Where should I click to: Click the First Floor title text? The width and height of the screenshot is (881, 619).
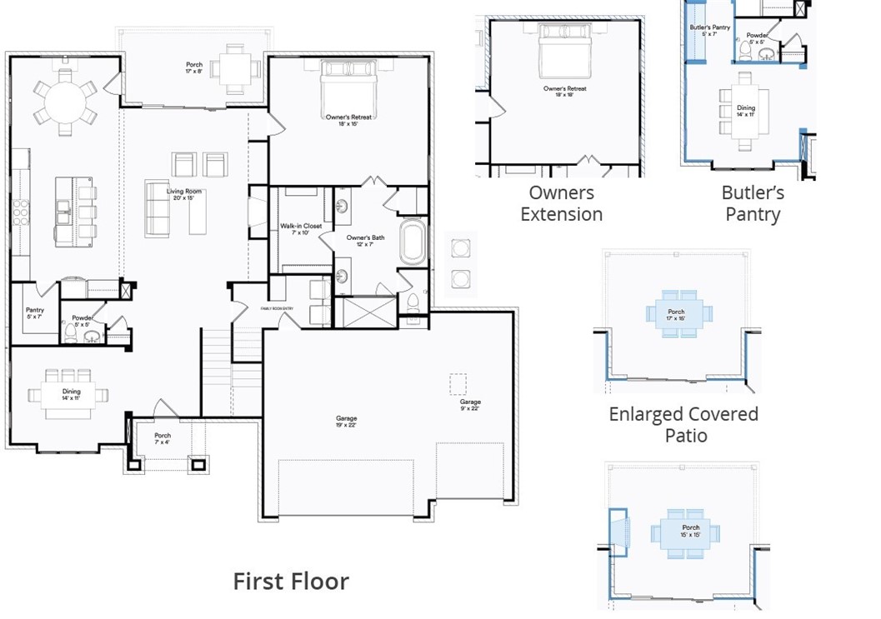point(290,581)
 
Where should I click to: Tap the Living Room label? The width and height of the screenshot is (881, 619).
point(185,195)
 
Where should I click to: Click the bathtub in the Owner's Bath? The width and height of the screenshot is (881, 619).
point(413,242)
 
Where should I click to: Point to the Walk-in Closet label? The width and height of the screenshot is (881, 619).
point(301,229)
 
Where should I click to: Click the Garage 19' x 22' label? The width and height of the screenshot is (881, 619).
point(347,422)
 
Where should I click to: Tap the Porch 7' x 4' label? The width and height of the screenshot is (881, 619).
point(163,439)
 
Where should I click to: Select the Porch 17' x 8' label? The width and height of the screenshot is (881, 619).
point(193,68)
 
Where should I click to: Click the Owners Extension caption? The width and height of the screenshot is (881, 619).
point(562,203)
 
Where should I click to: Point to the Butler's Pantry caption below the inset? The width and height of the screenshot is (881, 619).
point(753,203)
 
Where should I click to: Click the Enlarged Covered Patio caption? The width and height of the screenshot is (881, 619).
point(683,424)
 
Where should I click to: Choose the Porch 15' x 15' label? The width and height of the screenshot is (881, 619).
point(691,531)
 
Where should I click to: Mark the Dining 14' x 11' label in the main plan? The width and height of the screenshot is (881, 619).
point(72,395)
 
